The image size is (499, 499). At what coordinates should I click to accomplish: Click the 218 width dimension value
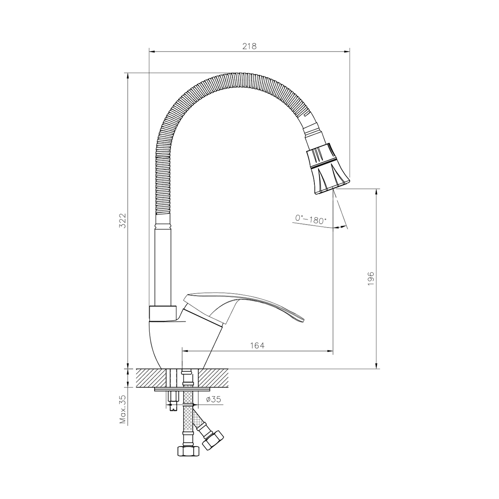coord(249,46)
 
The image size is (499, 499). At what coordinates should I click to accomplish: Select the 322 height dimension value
coord(122,220)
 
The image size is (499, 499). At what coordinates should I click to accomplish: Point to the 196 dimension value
coord(371,278)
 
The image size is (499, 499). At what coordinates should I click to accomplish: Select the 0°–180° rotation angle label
coord(311,219)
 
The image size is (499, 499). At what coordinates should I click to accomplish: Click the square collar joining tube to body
coord(163,313)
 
